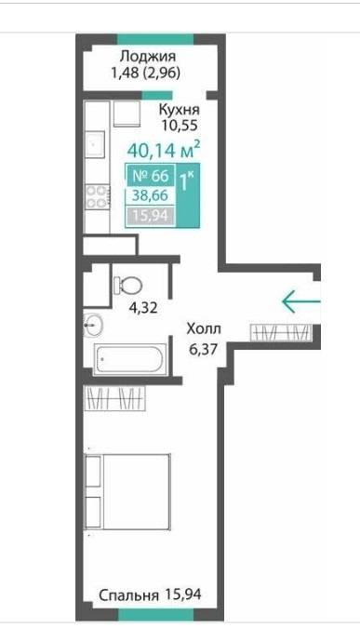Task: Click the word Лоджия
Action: pyautogui.click(x=148, y=57)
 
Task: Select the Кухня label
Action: pyautogui.click(x=179, y=110)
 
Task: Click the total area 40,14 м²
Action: pyautogui.click(x=164, y=150)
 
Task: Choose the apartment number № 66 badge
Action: pyautogui.click(x=152, y=176)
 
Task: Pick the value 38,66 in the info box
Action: pyautogui.click(x=150, y=195)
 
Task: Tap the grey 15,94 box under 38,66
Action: pyautogui.click(x=151, y=216)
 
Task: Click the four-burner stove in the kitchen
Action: pyautogui.click(x=98, y=196)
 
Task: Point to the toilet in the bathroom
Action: pyautogui.click(x=127, y=285)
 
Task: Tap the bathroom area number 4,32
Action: pyautogui.click(x=142, y=307)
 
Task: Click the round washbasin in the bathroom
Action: pyautogui.click(x=93, y=326)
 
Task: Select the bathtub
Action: pyautogui.click(x=130, y=359)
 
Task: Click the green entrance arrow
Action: pyautogui.click(x=301, y=301)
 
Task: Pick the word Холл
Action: pyautogui.click(x=204, y=328)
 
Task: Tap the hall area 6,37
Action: pyautogui.click(x=202, y=349)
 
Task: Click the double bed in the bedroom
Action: pyautogui.click(x=127, y=491)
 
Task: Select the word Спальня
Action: pyautogui.click(x=128, y=595)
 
